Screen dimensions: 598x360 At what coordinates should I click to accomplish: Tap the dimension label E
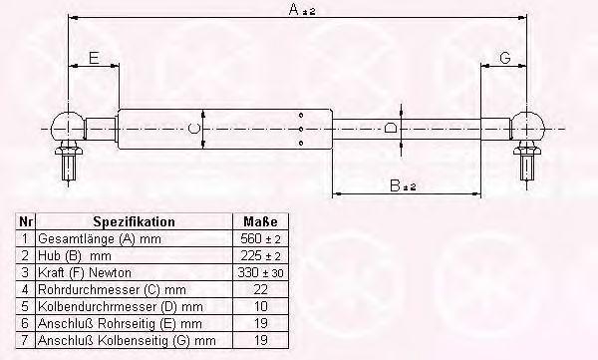[94, 58]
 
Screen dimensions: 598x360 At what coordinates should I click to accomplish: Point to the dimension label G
[505, 58]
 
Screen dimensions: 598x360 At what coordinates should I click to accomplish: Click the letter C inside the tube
[193, 129]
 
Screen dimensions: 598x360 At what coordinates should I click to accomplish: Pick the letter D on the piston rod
[390, 127]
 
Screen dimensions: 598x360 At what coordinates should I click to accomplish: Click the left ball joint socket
[68, 127]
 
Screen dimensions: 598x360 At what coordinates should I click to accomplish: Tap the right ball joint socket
[527, 127]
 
